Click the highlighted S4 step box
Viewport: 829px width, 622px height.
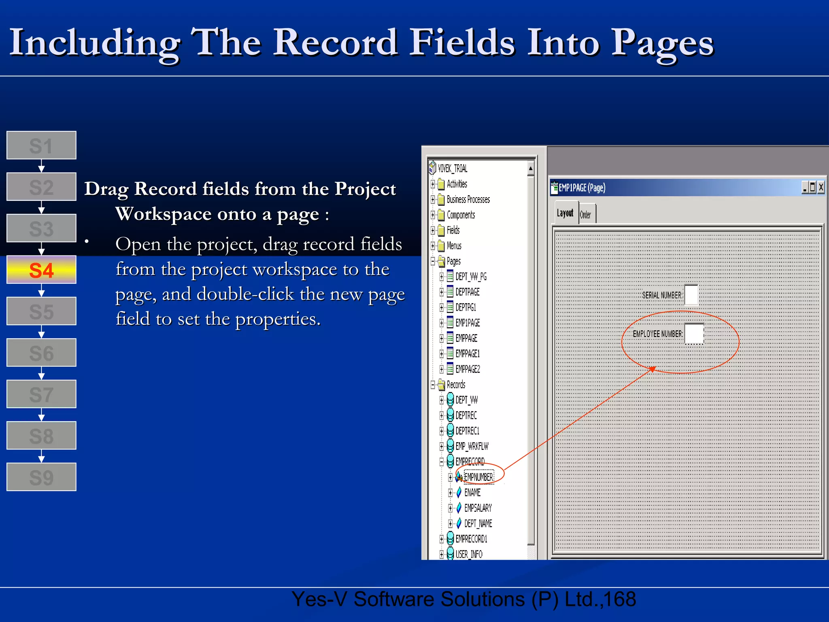pos(41,270)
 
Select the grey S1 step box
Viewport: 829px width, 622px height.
pos(41,145)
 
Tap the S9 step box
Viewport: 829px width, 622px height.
pos(41,477)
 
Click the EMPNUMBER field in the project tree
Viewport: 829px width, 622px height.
pos(478,477)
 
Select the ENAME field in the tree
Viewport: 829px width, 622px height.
pos(472,492)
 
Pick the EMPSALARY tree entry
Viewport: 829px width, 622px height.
pos(478,508)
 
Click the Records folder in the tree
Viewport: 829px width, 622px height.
pos(456,384)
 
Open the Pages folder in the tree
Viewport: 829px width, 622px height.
pos(453,261)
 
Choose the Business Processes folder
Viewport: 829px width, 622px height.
pos(468,199)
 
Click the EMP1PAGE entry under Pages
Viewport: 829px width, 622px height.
pos(468,323)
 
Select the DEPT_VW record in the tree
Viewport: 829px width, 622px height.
pos(466,400)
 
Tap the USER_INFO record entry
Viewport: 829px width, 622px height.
pos(469,554)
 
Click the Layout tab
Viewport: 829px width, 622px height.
pos(565,213)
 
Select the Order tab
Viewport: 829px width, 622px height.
pos(585,215)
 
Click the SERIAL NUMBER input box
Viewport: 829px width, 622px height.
pos(691,295)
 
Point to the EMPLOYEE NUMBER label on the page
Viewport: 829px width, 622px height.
pos(657,334)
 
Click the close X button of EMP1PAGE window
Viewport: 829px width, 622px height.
pos(821,187)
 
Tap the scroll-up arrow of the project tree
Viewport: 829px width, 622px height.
pos(531,168)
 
